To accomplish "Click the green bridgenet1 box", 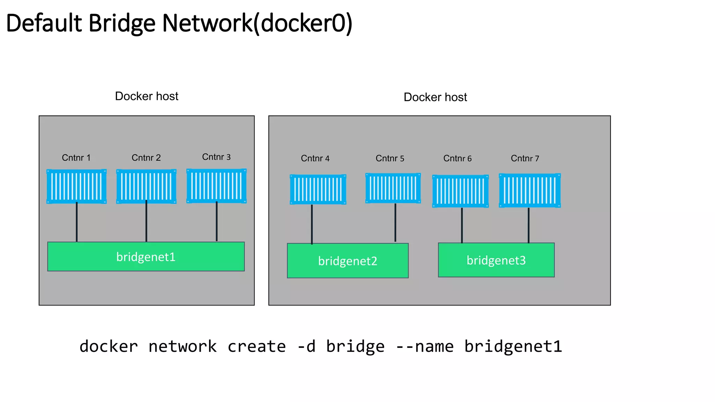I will tap(146, 256).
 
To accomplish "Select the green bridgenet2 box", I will tap(348, 261).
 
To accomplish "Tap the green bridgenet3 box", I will tap(496, 260).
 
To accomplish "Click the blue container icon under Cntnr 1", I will tap(76, 186).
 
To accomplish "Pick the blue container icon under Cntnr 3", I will tap(216, 186).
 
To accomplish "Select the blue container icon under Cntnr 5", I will tap(393, 188).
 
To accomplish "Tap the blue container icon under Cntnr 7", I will tap(530, 191).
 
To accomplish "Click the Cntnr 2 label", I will tap(146, 158).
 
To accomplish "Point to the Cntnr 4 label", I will tap(315, 158).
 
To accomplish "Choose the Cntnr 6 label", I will tap(457, 158).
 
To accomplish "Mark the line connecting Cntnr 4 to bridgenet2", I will tap(312, 224).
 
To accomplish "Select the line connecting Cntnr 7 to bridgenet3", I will tap(529, 225).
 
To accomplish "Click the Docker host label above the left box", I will tap(147, 96).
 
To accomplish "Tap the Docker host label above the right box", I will tap(435, 97).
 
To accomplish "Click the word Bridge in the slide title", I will tap(122, 23).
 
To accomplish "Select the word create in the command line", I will tap(257, 347).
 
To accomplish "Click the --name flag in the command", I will tap(425, 347).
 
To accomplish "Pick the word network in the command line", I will tap(183, 347).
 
